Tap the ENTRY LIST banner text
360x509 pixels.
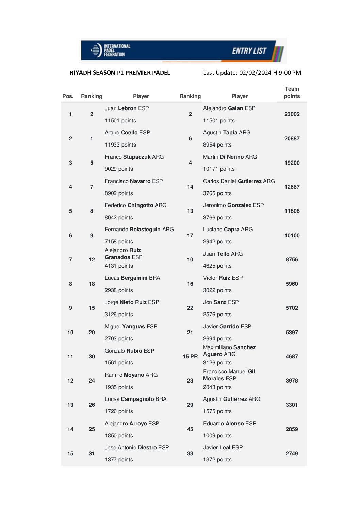coord(249,51)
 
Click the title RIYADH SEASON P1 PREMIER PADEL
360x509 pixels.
coord(120,73)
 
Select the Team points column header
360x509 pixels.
coord(292,92)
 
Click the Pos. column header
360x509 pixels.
coord(68,96)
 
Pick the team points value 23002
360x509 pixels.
coord(292,114)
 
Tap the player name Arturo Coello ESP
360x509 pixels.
coord(127,133)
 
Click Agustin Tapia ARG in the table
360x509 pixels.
coord(227,133)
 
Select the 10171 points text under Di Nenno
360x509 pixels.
coord(219,169)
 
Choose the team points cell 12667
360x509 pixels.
coord(292,187)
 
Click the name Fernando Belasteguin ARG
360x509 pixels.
coord(139,230)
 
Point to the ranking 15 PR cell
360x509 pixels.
coord(190,357)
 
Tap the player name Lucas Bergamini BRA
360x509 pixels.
coord(132,278)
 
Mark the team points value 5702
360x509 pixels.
coord(292,308)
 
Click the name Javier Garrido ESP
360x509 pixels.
coord(227,327)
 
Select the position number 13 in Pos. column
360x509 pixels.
coord(70,405)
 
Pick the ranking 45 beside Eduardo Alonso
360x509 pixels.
coord(190,429)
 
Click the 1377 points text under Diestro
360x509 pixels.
coord(119,460)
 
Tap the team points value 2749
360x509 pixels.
coord(292,454)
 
